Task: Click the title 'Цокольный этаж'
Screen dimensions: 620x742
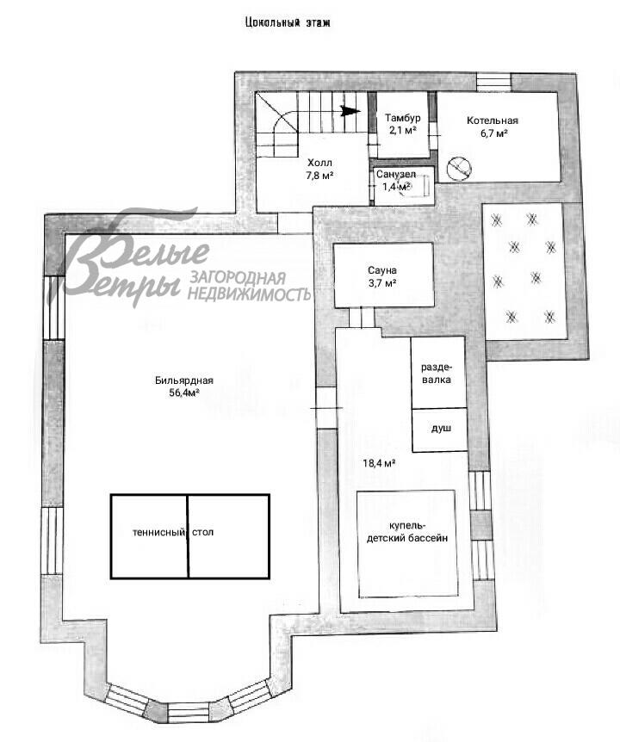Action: point(288,22)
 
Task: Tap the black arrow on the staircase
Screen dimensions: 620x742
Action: point(350,111)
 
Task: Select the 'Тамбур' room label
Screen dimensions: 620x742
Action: point(402,118)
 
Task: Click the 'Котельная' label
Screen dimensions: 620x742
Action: point(493,121)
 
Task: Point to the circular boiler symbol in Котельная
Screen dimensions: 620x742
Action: point(459,168)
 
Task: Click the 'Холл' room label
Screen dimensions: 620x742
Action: point(320,164)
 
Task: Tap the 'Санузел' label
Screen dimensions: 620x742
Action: point(396,174)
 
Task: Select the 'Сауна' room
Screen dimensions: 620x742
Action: point(384,275)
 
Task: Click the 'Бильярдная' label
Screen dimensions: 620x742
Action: point(184,380)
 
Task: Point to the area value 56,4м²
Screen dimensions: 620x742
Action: point(184,393)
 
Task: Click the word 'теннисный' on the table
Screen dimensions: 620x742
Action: point(158,532)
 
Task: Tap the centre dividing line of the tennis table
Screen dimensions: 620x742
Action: point(188,536)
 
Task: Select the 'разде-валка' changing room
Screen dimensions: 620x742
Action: point(437,373)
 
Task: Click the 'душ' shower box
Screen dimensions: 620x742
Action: point(440,430)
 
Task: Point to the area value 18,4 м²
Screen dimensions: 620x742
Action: point(379,463)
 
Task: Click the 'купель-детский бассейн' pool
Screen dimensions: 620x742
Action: point(407,543)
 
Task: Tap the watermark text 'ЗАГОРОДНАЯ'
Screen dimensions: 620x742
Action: point(238,278)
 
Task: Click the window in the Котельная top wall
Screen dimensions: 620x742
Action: point(494,82)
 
